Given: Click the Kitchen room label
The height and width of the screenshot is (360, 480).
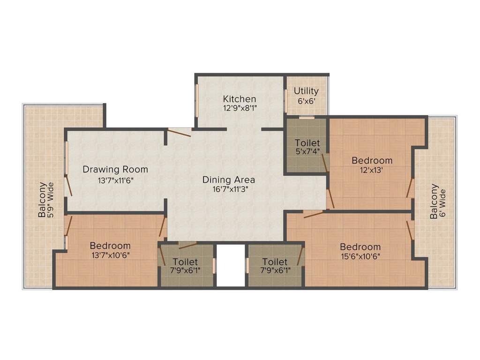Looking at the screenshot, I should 240,99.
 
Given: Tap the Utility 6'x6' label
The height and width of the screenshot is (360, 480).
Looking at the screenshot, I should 306,95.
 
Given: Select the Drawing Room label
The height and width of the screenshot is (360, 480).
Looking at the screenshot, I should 115,169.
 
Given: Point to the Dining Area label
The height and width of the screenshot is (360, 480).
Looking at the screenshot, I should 229,180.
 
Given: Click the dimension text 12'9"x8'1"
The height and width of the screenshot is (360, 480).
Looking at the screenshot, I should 240,108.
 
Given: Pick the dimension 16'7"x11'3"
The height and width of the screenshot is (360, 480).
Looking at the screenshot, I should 229,189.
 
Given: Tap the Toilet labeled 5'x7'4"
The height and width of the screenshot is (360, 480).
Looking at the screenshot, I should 307,147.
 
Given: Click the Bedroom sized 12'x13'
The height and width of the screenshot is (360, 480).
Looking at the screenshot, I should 372,165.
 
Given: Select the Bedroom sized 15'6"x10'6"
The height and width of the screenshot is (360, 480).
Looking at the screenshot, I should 360,251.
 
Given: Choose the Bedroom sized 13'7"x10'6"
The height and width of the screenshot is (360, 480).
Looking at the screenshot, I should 110,250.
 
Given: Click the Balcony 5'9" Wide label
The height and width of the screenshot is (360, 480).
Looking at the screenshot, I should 46,199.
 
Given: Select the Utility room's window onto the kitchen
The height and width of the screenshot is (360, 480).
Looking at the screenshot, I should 286,101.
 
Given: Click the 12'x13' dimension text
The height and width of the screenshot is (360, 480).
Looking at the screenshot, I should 372,171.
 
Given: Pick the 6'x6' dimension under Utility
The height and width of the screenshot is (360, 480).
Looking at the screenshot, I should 306,100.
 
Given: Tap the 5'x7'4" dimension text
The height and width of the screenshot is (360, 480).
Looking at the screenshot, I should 307,152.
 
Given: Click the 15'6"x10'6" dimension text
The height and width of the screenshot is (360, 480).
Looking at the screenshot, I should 360,256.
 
